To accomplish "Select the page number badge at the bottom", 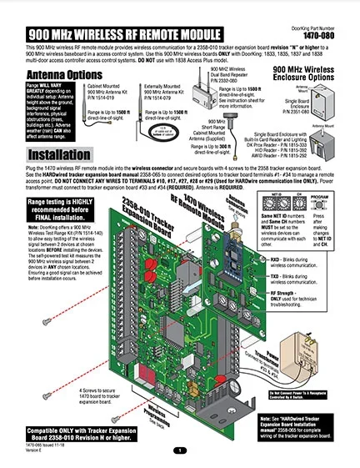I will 180,450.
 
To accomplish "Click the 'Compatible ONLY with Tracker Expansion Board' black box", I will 66,431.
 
